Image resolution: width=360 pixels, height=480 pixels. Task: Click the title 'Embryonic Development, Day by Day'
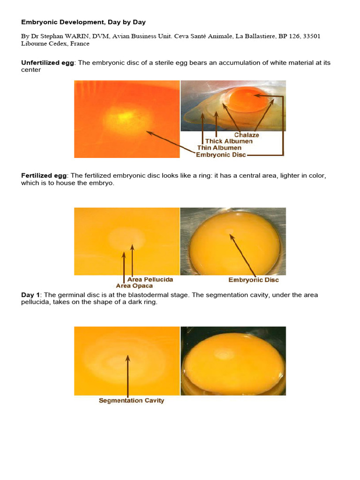click(x=83, y=22)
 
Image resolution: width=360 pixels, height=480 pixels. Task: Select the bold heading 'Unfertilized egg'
click(x=47, y=63)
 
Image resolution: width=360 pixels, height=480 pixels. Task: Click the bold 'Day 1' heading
click(x=30, y=295)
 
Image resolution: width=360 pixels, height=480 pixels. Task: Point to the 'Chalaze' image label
click(x=247, y=135)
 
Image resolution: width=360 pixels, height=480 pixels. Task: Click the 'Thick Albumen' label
click(x=229, y=141)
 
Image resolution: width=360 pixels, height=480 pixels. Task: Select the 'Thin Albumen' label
click(x=222, y=148)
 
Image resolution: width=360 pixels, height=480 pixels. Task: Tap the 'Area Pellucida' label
click(x=150, y=279)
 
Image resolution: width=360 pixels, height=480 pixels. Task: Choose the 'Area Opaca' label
click(x=134, y=285)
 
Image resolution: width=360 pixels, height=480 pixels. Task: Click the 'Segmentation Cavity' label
click(x=131, y=401)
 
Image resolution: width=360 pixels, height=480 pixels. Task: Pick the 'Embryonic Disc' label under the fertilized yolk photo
click(x=254, y=280)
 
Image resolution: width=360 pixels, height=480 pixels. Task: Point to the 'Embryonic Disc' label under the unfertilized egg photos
click(x=221, y=155)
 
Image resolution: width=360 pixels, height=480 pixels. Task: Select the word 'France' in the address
click(x=79, y=44)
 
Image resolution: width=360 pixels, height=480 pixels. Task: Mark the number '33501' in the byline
click(x=311, y=36)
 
